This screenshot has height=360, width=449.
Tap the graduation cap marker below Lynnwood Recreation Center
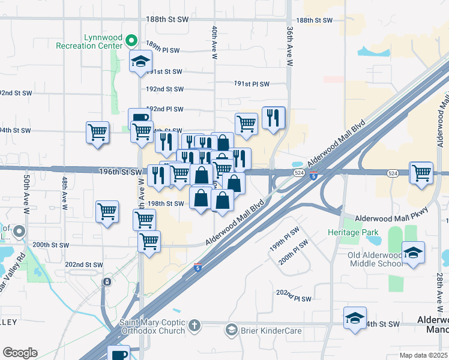[141, 61]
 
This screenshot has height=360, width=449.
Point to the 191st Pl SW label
[252, 84]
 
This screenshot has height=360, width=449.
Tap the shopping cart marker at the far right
[421, 172]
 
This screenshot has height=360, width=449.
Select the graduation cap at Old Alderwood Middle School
[413, 253]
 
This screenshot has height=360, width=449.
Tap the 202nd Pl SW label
[294, 298]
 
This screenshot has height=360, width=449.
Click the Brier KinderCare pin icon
[231, 329]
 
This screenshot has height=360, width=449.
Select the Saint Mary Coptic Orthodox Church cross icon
[193, 326]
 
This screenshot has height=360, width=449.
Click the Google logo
[20, 353]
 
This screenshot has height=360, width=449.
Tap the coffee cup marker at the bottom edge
[118, 354]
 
